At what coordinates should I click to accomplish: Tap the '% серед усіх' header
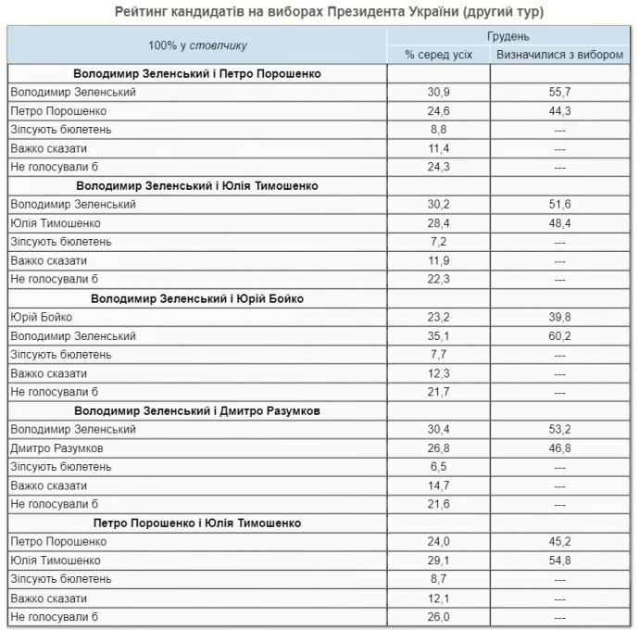tap(439, 55)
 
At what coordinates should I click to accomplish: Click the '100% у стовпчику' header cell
tap(197, 45)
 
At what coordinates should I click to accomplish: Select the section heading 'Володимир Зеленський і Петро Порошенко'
tap(197, 73)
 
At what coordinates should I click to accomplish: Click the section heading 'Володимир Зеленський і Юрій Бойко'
tap(197, 298)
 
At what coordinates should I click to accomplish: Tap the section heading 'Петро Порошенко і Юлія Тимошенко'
tap(197, 523)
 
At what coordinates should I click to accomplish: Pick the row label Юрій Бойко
tap(42, 317)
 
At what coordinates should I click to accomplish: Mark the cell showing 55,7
tap(559, 93)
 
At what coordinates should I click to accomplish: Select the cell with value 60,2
tap(559, 336)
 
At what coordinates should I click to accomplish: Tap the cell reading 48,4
tap(559, 223)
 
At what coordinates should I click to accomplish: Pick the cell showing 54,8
tap(559, 561)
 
